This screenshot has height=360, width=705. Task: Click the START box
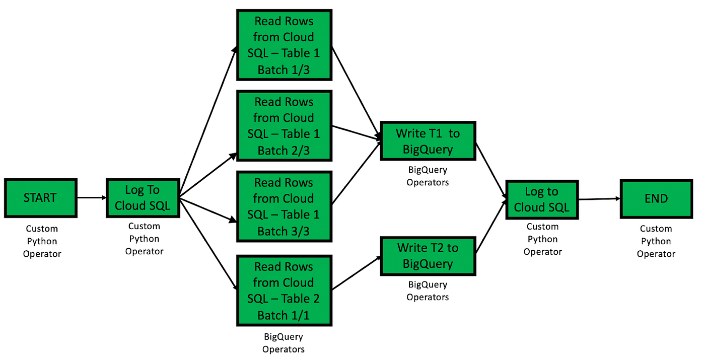coord(40,198)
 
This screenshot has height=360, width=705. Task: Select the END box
coord(656,198)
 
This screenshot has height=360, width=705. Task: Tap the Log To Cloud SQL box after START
coord(143,198)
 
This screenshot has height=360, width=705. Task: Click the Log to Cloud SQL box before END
coord(541,199)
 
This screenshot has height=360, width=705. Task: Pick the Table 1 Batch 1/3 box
coord(284,45)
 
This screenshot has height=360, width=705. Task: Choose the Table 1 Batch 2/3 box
coord(284,126)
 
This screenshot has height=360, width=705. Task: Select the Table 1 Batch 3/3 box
coord(284,206)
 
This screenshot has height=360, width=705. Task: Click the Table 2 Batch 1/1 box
coord(284,291)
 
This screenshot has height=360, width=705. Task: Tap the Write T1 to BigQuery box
coord(428,141)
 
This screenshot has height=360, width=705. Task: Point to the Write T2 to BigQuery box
coord(428,256)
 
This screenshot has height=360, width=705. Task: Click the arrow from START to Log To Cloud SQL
coord(91,198)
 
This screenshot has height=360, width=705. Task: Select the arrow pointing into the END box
coord(599,199)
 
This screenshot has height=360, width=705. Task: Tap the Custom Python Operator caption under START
coord(42,241)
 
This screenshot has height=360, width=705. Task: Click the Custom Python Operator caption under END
coord(656,241)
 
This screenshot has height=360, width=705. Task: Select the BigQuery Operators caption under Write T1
coord(428,176)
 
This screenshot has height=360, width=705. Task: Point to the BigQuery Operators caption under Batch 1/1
coord(284,343)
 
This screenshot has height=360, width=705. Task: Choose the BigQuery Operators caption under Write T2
coord(428,291)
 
